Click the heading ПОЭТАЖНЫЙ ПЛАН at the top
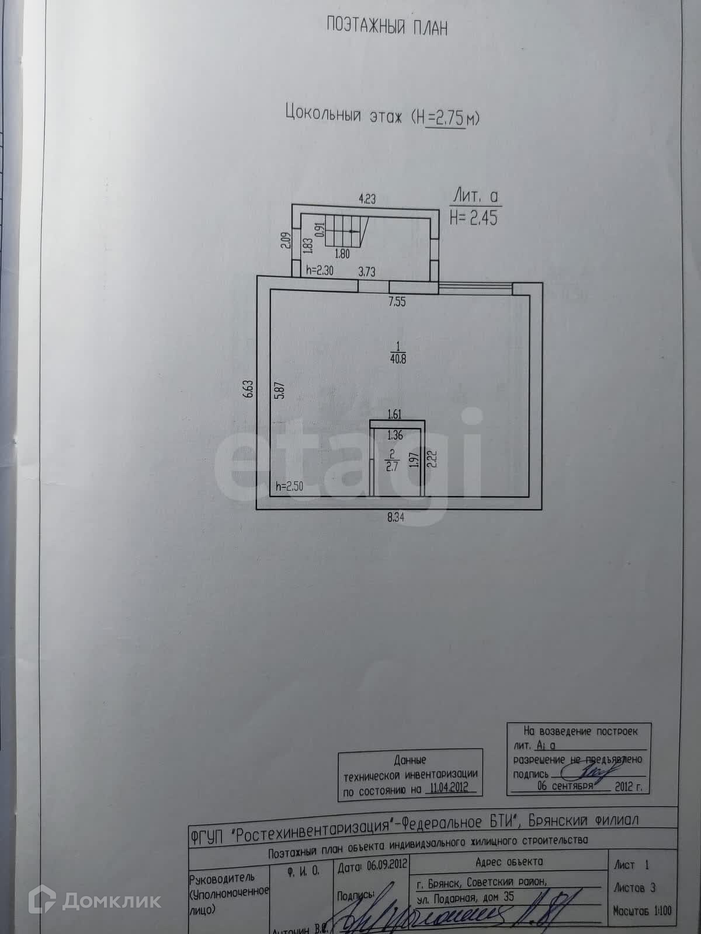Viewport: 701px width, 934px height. pos(387,27)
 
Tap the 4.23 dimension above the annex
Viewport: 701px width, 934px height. pos(367,199)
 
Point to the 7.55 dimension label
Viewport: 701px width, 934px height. pos(397,302)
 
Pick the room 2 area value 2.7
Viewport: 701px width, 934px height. pos(391,465)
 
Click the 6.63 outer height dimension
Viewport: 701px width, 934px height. pos(248,389)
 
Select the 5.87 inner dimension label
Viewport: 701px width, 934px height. pos(280,389)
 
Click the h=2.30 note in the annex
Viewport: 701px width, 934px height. pos(320,271)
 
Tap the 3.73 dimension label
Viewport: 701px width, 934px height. pos(366,271)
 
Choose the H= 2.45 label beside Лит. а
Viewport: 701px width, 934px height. pos(473,218)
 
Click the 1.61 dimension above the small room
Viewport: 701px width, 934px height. pos(395,414)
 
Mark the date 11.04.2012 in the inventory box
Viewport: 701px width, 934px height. pos(448,787)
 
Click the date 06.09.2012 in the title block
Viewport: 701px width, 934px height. pos(386,864)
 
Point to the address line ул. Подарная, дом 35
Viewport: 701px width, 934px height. pos(466,897)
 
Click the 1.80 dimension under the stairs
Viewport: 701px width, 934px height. pos(342,254)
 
